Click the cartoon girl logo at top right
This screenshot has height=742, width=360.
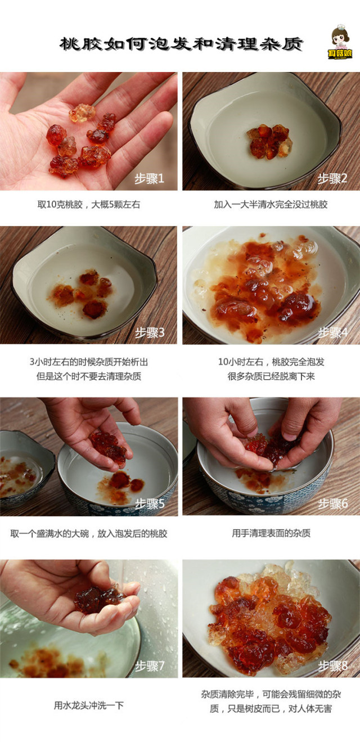pyautogui.click(x=340, y=42)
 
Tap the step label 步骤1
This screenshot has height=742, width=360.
pyautogui.click(x=149, y=179)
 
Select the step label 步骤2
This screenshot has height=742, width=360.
pyautogui.click(x=332, y=178)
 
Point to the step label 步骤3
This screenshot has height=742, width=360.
pyautogui.click(x=150, y=332)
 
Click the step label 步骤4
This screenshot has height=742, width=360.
pyautogui.click(x=333, y=332)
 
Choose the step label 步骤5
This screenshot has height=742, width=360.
pyautogui.click(x=150, y=504)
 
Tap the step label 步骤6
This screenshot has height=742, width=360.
pyautogui.click(x=333, y=503)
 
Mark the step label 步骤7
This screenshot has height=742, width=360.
pyautogui.click(x=150, y=666)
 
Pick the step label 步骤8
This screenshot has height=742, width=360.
pyautogui.click(x=333, y=665)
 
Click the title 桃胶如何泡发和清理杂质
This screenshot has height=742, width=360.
pyautogui.click(x=181, y=44)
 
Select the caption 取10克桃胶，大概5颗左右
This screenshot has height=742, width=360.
pyautogui.click(x=88, y=204)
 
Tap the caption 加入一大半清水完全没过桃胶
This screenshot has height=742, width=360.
pyautogui.click(x=271, y=204)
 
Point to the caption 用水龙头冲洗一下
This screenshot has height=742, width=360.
pyautogui.click(x=89, y=705)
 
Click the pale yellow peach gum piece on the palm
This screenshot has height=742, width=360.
pyautogui.click(x=82, y=113)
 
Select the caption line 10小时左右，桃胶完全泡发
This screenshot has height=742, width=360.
pyautogui.click(x=271, y=362)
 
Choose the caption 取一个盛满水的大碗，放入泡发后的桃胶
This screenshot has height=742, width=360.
pyautogui.click(x=89, y=533)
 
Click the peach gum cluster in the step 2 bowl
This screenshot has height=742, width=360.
pyautogui.click(x=269, y=141)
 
